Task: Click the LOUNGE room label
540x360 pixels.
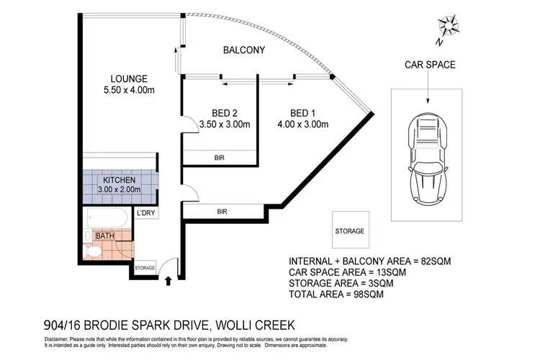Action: [129, 78]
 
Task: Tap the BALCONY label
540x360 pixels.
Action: [244, 50]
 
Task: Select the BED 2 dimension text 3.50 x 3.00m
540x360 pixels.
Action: [225, 124]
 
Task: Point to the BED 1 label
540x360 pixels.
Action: [302, 112]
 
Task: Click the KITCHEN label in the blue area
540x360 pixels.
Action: [120, 179]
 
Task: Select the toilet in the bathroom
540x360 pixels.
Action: [92, 252]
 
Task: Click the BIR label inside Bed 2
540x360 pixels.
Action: [218, 158]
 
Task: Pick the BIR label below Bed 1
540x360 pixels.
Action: [223, 210]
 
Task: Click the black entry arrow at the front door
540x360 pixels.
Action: [168, 280]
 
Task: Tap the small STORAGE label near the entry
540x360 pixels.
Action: [145, 268]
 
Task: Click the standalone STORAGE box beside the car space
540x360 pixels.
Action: [349, 231]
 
